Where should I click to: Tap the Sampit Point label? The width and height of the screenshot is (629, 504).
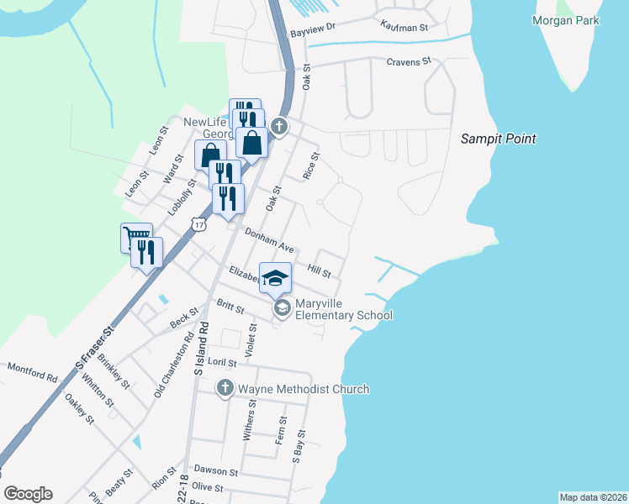(499, 139)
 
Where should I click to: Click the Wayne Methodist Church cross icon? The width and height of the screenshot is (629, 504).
(225, 388)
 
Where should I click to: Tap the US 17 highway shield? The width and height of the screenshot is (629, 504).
(198, 224)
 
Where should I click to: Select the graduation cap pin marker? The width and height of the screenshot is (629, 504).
(275, 277)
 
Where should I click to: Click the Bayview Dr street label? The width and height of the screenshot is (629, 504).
(313, 28)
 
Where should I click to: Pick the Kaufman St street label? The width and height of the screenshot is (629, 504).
(404, 27)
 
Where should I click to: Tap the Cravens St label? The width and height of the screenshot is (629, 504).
(408, 61)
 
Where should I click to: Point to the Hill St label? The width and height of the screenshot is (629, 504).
(320, 271)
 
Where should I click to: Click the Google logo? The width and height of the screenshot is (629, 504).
(29, 494)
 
